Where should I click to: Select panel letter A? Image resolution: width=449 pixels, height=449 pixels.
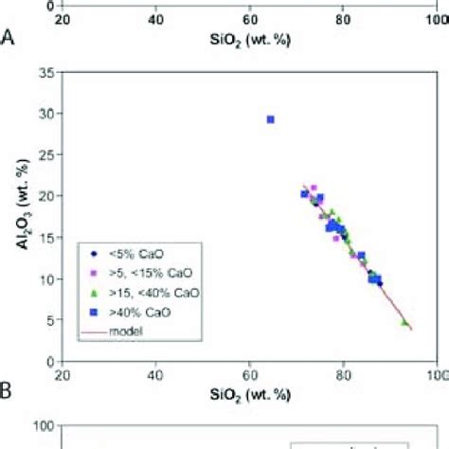(x=9, y=39)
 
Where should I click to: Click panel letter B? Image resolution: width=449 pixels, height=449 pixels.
(x=9, y=391)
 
